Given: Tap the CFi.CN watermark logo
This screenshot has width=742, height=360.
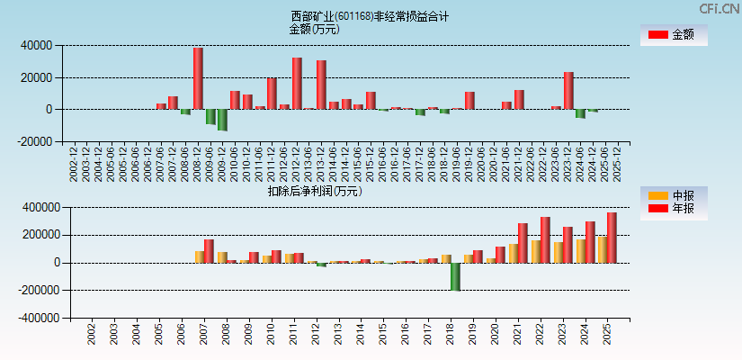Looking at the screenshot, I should click(720, 8).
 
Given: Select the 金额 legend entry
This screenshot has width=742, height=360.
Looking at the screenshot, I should click(673, 35).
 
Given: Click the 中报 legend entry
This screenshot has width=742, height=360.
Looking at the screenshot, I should click(673, 195).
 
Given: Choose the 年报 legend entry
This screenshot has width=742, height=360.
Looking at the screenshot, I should click(673, 209).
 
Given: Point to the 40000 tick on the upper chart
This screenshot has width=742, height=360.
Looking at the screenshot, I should click(37, 45).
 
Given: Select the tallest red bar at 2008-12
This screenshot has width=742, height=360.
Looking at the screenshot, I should click(198, 78).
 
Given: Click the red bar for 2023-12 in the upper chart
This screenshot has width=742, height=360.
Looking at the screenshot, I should click(568, 90).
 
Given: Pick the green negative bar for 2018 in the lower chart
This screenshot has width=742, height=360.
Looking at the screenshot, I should click(456, 276).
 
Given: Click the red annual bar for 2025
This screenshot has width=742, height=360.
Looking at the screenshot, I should click(612, 238).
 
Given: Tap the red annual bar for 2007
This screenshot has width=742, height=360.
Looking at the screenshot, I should click(209, 251).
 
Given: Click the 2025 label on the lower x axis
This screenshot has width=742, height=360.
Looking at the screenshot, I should click(607, 335).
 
